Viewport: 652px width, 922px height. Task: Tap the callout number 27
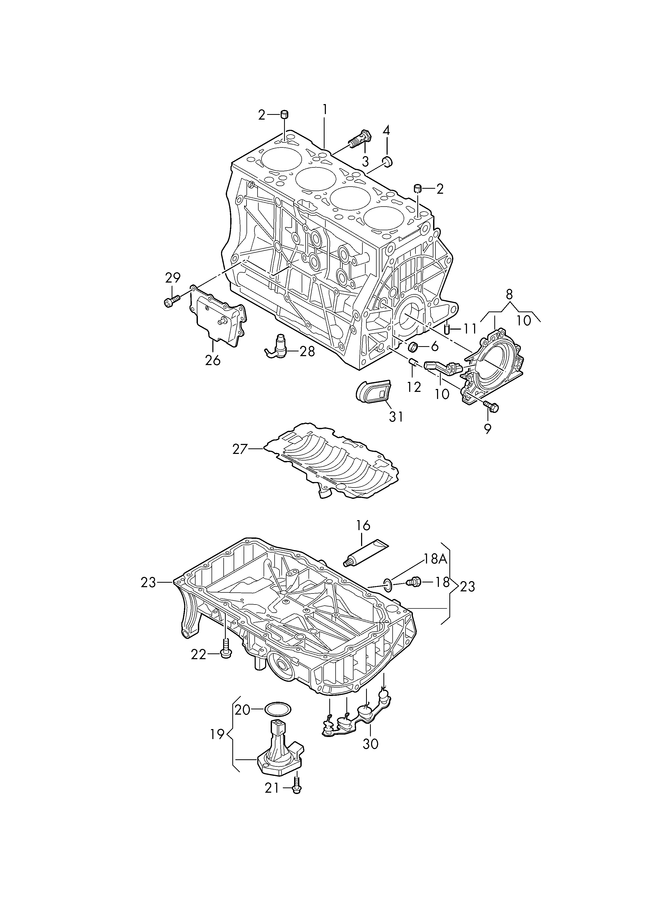click(240, 449)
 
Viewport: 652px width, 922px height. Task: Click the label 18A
click(436, 559)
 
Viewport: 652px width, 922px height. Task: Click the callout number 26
click(213, 360)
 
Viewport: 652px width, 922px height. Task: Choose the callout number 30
click(370, 744)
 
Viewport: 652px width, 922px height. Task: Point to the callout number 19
click(218, 734)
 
